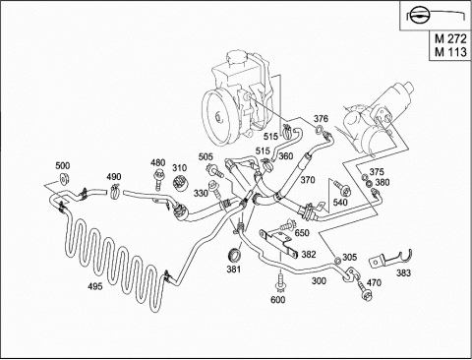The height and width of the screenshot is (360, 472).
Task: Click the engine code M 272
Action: pyautogui.click(x=450, y=39)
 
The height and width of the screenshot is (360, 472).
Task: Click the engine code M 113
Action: pyautogui.click(x=450, y=52)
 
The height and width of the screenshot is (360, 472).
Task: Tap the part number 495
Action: pyautogui.click(x=94, y=286)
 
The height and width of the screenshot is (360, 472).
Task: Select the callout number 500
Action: pyautogui.click(x=63, y=165)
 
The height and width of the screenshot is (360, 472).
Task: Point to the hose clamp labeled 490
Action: pyautogui.click(x=114, y=191)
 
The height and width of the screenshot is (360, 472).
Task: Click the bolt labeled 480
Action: pyautogui.click(x=158, y=179)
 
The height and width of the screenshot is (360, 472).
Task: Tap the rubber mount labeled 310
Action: pyautogui.click(x=180, y=183)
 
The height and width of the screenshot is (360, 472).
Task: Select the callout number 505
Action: pyautogui.click(x=206, y=156)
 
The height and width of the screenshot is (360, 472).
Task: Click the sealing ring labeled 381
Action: pyautogui.click(x=234, y=256)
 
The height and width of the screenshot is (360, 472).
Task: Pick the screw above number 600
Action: pyautogui.click(x=280, y=282)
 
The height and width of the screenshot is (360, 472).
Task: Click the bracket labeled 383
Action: pyautogui.click(x=390, y=259)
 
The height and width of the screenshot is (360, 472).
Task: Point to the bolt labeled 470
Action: pyautogui.click(x=364, y=290)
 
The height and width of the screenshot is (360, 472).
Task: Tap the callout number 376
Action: pyautogui.click(x=321, y=119)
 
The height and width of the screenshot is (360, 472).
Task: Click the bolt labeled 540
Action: pyautogui.click(x=341, y=186)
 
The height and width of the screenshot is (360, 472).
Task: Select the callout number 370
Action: pyautogui.click(x=308, y=180)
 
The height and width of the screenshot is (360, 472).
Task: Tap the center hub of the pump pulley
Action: pyautogui.click(x=217, y=117)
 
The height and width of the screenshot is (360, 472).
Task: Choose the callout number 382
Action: pyautogui.click(x=309, y=254)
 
